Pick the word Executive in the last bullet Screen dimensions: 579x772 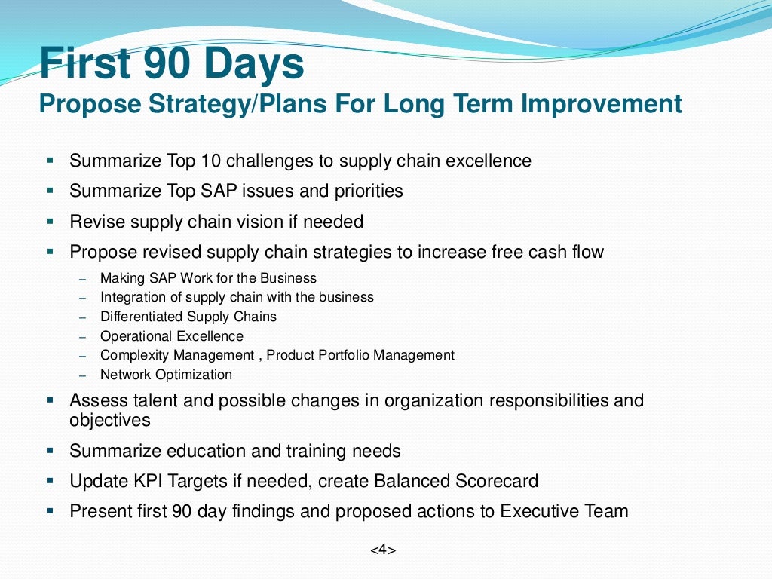pos(539,511)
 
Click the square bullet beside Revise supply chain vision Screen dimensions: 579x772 pos(51,222)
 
